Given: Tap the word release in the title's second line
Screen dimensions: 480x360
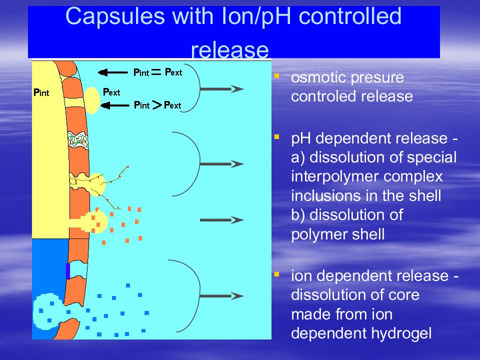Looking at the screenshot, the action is click(230, 49).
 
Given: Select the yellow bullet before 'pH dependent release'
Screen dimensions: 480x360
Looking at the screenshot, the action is click(276, 137).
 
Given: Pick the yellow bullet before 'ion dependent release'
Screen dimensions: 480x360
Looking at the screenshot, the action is click(276, 274).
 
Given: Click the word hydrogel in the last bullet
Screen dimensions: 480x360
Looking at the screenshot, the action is click(401, 333).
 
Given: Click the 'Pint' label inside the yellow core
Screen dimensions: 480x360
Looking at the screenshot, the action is click(41, 92).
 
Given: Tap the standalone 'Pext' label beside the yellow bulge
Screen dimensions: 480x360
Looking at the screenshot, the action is click(111, 92).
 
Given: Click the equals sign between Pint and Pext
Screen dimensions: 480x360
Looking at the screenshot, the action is click(156, 72).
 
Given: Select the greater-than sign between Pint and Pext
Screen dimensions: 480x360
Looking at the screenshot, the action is click(156, 105).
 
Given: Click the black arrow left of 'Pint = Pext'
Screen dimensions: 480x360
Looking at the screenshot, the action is click(112, 72).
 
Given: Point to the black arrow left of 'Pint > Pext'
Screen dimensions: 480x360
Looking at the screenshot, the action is click(115, 105).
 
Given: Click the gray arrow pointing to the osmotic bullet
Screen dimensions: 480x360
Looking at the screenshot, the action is click(222, 89).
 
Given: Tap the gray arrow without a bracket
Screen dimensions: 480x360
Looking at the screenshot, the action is click(222, 220).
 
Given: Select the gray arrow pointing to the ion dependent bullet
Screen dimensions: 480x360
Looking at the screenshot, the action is click(222, 296).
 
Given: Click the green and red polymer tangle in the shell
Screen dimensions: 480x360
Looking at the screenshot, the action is click(78, 140).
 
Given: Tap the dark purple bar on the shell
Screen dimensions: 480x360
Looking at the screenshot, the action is click(68, 271).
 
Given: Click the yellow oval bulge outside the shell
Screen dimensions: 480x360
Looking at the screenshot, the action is click(92, 100).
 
